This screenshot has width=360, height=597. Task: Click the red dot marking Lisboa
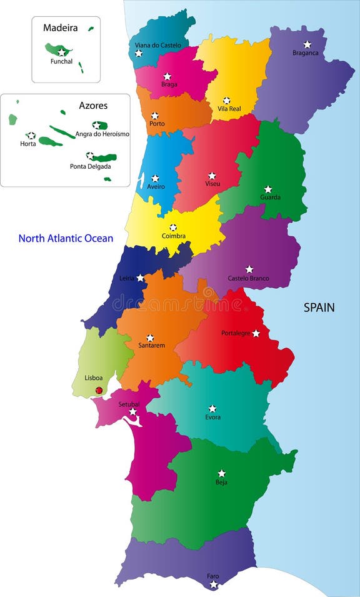[99, 390]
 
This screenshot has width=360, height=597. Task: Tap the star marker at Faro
[214, 584]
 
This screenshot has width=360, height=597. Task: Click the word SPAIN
[319, 308]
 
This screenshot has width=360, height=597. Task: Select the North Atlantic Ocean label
[66, 238]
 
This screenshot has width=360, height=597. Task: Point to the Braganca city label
[306, 53]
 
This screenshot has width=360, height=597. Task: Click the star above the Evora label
[212, 408]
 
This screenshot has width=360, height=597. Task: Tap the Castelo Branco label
[249, 278]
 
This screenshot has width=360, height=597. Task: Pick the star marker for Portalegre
[256, 333]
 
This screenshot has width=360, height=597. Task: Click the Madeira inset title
[60, 28]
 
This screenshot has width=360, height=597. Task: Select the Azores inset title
[93, 106]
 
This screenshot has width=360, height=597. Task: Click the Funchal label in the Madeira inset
[62, 61]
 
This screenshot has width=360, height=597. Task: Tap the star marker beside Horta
[31, 135]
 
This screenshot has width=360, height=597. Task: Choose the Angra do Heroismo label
[102, 134]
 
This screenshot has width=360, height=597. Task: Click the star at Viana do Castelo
[139, 53]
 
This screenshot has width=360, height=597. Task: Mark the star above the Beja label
[221, 473]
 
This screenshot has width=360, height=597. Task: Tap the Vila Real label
[229, 109]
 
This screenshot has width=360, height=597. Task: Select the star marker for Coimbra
[173, 228]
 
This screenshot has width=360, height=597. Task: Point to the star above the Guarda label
[268, 189]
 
